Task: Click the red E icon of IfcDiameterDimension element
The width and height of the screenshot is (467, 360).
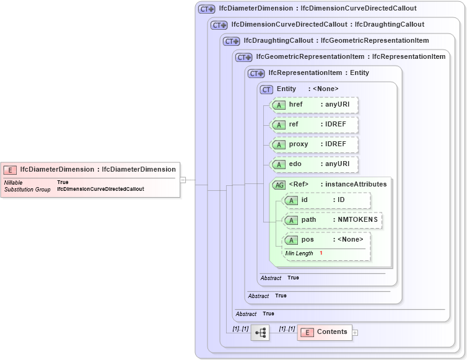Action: coord(10,169)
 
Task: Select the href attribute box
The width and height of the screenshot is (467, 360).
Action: coord(315,105)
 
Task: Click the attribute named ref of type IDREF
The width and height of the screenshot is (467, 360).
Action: coord(315,125)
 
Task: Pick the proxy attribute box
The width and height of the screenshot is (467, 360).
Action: coord(315,144)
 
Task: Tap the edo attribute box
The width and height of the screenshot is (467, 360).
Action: coord(315,164)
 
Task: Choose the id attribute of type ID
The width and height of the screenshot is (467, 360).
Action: coord(327,200)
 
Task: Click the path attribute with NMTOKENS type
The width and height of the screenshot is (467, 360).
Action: coord(332,220)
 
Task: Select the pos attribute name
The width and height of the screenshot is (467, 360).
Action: coord(307,240)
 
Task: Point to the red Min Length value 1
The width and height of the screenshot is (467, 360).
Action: coord(321,253)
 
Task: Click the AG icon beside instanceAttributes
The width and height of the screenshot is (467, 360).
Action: coord(279,185)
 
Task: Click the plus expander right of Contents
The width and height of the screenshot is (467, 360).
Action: coord(355,333)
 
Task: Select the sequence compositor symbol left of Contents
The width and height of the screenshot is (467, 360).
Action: coord(260,333)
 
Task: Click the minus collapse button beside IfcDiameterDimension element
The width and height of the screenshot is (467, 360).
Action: coord(183,180)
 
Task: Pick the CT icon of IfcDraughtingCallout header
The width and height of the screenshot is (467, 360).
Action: coord(231,42)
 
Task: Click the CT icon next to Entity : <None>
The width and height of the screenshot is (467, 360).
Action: coord(266,89)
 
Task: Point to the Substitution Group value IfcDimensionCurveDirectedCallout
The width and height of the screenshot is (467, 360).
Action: coord(100,189)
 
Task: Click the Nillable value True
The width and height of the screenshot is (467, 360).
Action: coord(63,182)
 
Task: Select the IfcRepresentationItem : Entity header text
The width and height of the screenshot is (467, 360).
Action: coord(318,73)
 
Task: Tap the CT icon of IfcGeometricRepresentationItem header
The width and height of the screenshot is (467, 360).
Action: coord(243,58)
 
